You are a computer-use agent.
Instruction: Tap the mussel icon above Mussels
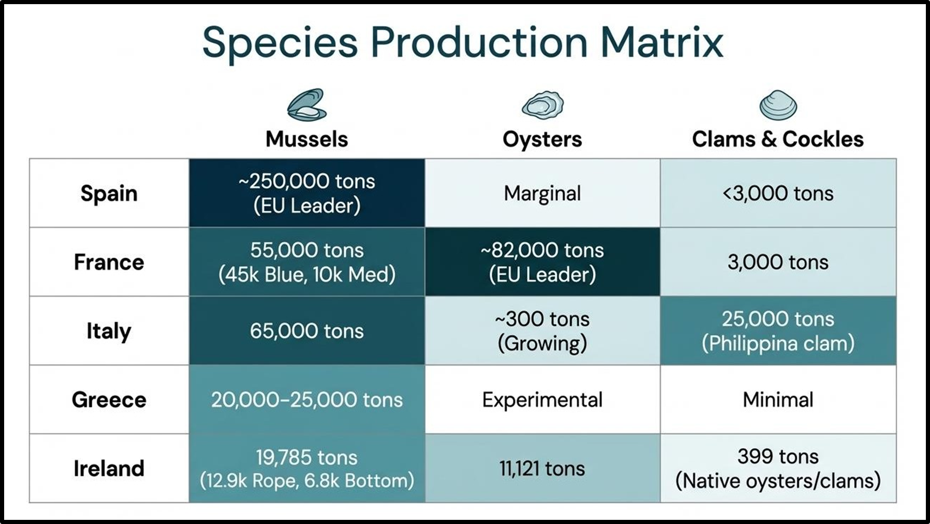coord(307,105)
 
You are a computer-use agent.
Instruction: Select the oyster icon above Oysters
coord(543,105)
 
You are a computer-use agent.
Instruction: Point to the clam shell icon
coord(778,105)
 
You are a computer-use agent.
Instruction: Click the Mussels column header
coord(307,139)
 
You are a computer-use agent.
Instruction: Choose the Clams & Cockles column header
coord(778,139)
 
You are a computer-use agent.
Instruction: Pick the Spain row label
coord(109,193)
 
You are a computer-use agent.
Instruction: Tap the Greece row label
coord(109,400)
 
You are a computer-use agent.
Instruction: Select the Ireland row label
coord(109,468)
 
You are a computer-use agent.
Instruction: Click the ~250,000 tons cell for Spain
coord(307,193)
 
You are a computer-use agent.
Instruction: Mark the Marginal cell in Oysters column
coord(543,193)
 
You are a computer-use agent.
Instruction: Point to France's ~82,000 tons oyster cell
coord(543,262)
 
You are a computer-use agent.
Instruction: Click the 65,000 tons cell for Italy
coord(307,331)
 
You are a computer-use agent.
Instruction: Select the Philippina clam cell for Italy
coord(778,331)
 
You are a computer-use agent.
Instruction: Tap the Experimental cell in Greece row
coord(543,400)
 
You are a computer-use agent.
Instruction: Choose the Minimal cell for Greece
coord(778,400)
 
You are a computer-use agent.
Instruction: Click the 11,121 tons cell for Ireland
coord(543,468)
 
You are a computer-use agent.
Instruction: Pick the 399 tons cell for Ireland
coord(778,468)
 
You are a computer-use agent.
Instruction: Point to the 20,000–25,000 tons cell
coord(307,400)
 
